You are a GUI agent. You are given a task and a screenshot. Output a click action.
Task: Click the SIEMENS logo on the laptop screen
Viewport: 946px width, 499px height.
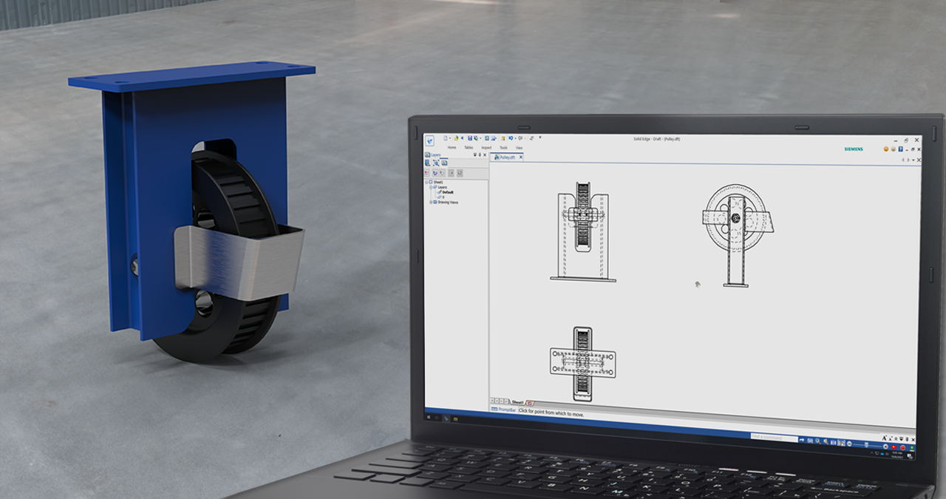click(x=853, y=149)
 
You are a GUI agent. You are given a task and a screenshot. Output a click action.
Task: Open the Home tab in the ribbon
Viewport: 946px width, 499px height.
click(x=452, y=147)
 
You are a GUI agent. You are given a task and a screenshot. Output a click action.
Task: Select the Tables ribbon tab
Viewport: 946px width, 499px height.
click(x=469, y=147)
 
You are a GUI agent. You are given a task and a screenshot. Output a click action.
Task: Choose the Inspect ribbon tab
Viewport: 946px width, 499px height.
click(x=486, y=147)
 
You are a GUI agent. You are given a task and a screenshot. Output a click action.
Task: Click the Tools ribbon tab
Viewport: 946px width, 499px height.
click(x=503, y=147)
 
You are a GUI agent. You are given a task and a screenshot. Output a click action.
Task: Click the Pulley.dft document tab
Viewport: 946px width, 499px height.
click(x=507, y=157)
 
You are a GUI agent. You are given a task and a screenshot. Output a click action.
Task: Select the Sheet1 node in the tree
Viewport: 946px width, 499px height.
click(x=438, y=182)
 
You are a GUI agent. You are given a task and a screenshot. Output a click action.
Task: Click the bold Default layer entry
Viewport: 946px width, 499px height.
click(x=447, y=192)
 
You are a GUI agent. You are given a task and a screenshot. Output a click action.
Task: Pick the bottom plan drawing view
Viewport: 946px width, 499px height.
click(x=582, y=363)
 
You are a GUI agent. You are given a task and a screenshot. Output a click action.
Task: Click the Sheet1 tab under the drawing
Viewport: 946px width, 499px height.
click(x=517, y=403)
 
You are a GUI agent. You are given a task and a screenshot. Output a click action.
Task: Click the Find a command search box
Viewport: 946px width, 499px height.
click(x=773, y=437)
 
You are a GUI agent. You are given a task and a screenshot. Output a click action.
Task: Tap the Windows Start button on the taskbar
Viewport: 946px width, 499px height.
click(x=430, y=418)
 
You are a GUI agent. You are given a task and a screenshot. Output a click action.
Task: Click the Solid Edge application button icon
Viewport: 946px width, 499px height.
click(x=429, y=140)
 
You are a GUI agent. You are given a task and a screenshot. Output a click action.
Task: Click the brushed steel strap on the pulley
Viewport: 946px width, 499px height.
click(x=236, y=259)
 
